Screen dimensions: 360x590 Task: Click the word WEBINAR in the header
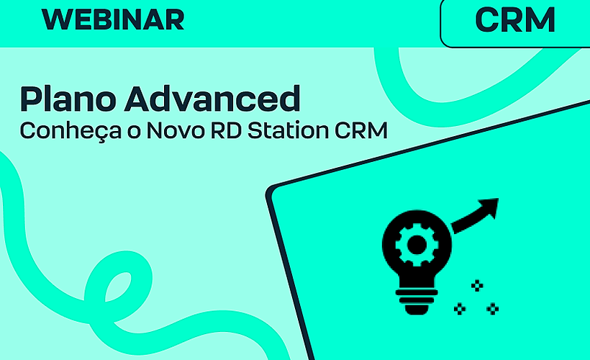(113, 19)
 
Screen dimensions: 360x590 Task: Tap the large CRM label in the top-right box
(515, 20)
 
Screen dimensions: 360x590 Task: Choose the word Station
(283, 132)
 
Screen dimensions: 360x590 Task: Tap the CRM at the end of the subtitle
(362, 132)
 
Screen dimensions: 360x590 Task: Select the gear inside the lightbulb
(416, 244)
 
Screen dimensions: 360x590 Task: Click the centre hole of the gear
(416, 244)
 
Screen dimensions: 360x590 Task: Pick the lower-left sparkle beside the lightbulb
(460, 309)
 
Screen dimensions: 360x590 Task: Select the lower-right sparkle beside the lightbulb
(493, 309)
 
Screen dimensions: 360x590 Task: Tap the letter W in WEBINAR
(56, 19)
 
